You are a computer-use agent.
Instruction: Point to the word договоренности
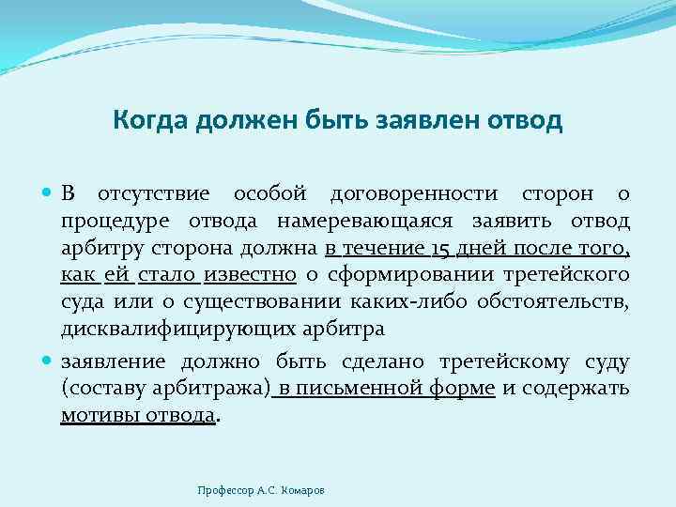point(415,194)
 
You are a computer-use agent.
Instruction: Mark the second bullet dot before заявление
point(50,362)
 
